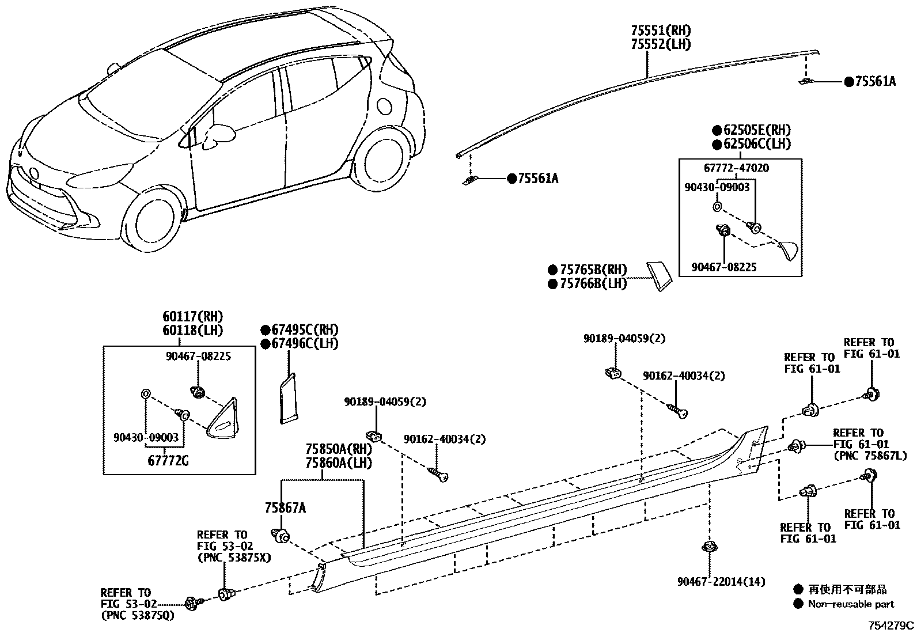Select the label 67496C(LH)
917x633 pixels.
pyautogui.click(x=305, y=343)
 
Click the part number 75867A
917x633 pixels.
pyautogui.click(x=285, y=507)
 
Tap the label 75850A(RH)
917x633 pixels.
pyautogui.click(x=339, y=449)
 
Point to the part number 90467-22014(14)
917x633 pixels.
pyautogui.click(x=721, y=582)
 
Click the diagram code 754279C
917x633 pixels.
pyautogui.click(x=892, y=625)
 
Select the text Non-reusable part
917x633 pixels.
pyautogui.click(x=851, y=604)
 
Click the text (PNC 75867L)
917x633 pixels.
pyautogui.click(x=866, y=456)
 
